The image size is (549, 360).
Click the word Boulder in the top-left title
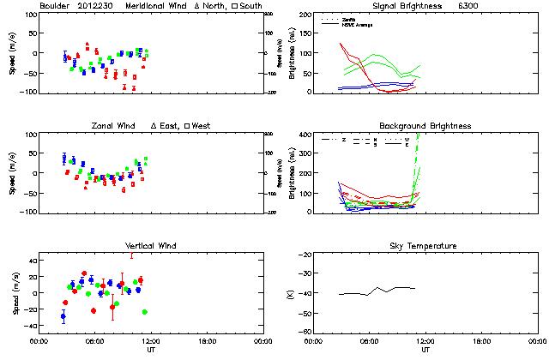click(57, 6)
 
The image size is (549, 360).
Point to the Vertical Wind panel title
click(151, 246)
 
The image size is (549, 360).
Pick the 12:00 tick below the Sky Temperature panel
click(425, 341)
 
